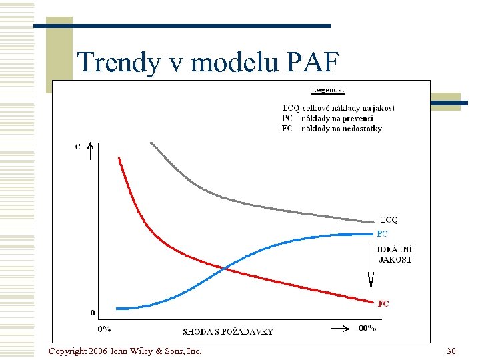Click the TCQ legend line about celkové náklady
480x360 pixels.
pos(338,108)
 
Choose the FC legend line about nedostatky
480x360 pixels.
pos(332,128)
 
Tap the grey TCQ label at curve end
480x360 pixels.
pos(389,219)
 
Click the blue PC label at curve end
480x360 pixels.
pos(382,234)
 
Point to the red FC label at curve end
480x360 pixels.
pos(383,303)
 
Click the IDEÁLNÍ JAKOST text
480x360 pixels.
pos(395,254)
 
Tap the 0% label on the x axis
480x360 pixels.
pos(104,329)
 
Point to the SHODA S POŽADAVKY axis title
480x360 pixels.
pos(227,331)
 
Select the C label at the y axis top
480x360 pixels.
pos(78,147)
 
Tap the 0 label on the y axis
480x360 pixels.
pos(93,312)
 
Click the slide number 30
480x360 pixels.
pos(451,351)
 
